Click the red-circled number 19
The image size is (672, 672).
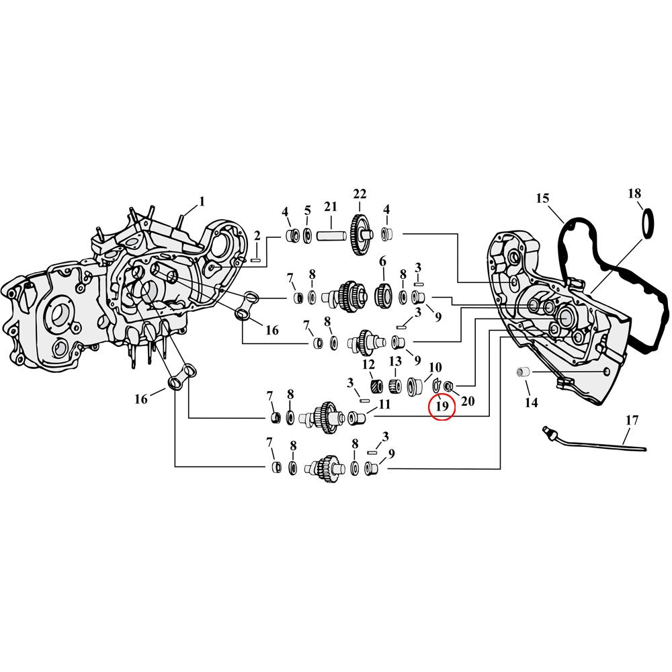(442, 406)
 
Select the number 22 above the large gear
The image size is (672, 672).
(360, 194)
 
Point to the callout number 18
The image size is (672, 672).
(634, 194)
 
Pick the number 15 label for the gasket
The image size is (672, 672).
(543, 198)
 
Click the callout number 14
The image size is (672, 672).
(532, 403)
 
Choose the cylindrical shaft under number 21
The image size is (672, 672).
(331, 237)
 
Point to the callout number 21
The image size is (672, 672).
(331, 206)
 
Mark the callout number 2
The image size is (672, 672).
(257, 235)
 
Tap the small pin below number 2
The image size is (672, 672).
(256, 259)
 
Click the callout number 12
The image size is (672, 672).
(368, 364)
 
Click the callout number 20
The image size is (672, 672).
(468, 401)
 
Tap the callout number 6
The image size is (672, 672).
(383, 261)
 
